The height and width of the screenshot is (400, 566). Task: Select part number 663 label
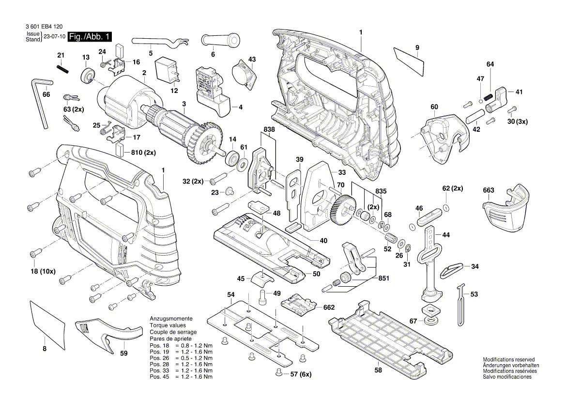point(488,190)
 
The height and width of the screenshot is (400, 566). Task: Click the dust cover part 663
point(505,209)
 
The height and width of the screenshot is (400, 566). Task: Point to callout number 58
point(378,370)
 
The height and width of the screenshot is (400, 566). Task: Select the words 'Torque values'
point(167,325)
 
